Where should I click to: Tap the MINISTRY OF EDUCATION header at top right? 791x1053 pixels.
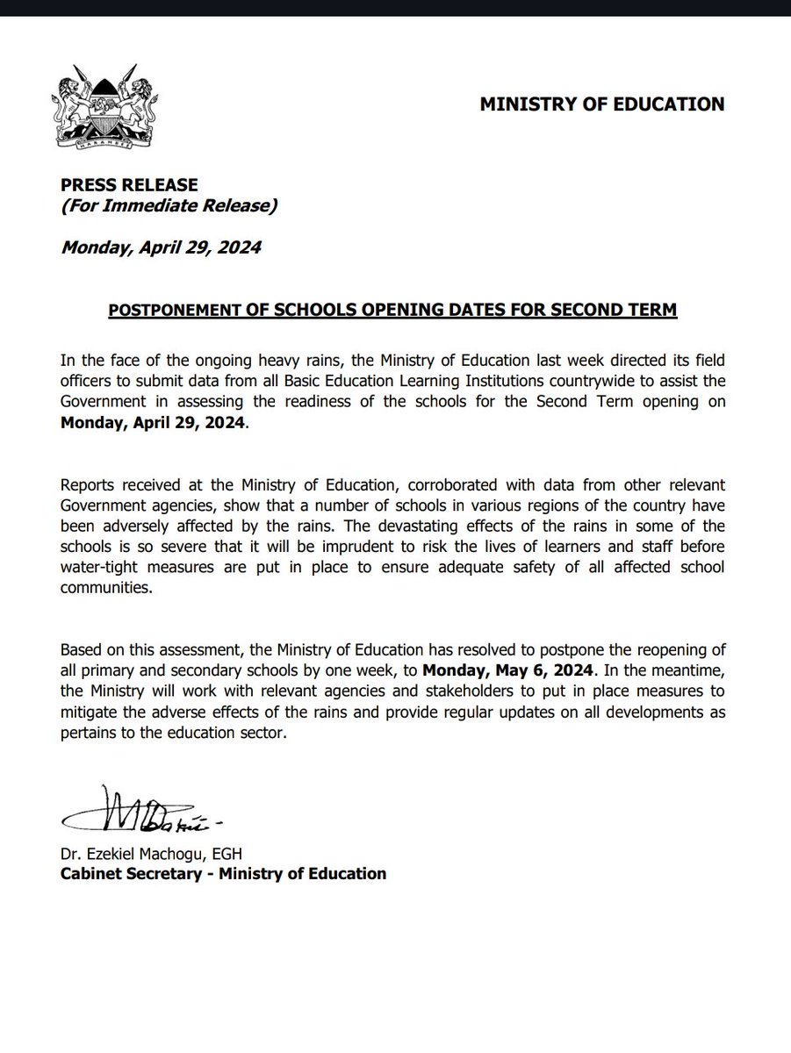(601, 104)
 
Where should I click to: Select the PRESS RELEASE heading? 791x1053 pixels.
(129, 185)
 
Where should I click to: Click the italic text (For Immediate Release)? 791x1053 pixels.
(169, 206)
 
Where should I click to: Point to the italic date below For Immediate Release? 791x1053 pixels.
(161, 247)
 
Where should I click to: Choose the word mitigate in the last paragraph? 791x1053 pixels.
(89, 713)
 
